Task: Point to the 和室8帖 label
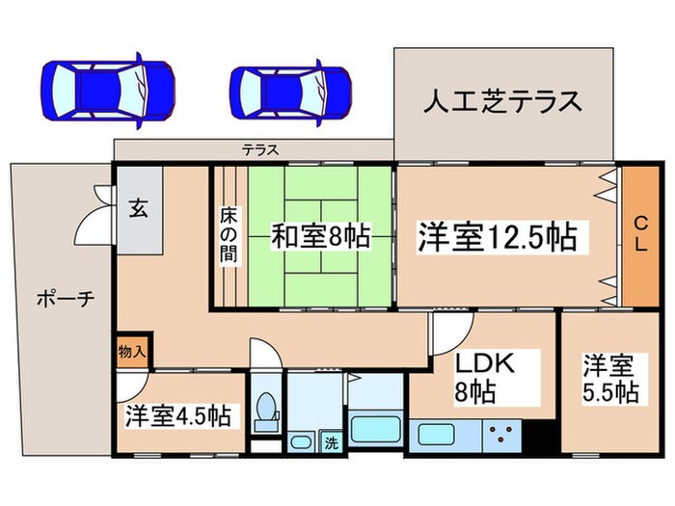[307, 235]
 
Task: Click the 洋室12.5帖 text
[497, 236]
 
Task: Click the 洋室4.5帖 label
[176, 416]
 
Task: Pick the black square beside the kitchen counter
[541, 435]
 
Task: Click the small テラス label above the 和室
[259, 150]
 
